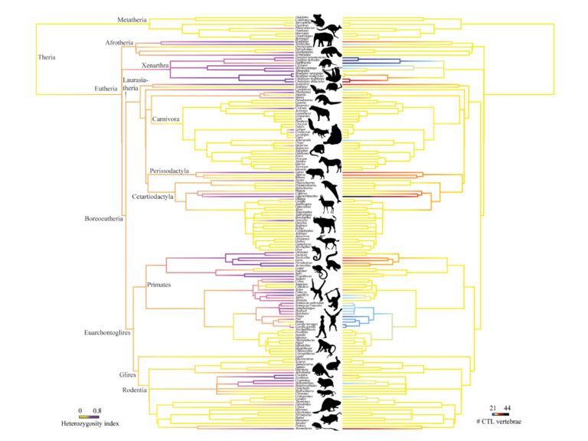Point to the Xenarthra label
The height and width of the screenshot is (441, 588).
(x=158, y=65)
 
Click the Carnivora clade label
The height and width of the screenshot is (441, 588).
(x=169, y=119)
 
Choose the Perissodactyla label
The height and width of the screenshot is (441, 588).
(x=170, y=172)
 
